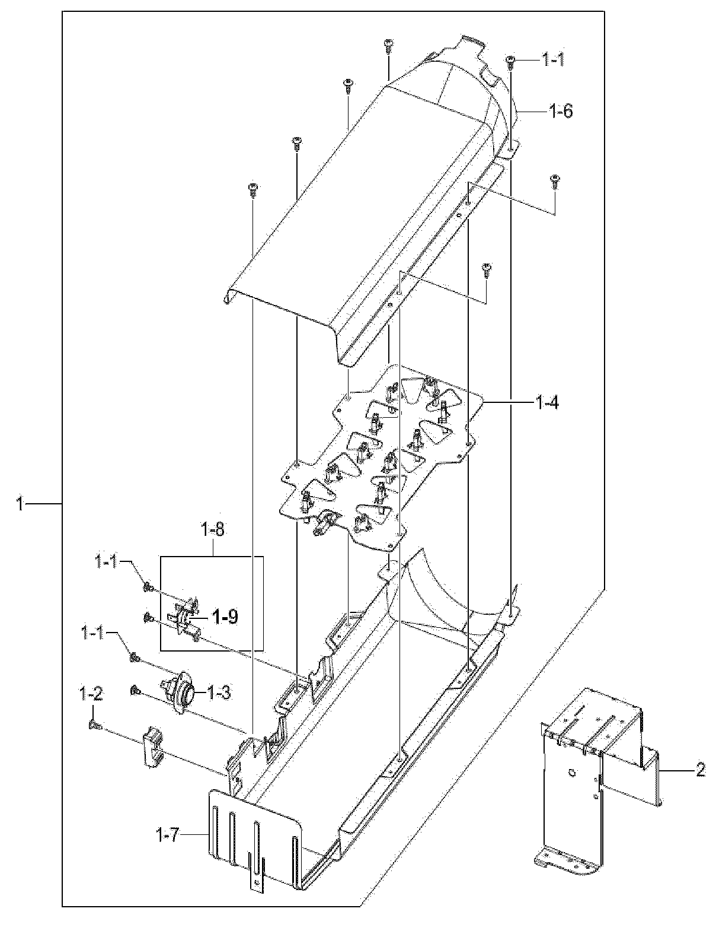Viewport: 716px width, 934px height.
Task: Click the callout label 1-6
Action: click(x=560, y=110)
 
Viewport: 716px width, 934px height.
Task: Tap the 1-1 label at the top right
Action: click(x=555, y=59)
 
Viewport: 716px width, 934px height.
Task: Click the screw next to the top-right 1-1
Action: click(x=510, y=59)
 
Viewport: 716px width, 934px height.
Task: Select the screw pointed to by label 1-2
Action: click(x=94, y=725)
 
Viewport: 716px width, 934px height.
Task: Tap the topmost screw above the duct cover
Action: click(x=388, y=44)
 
